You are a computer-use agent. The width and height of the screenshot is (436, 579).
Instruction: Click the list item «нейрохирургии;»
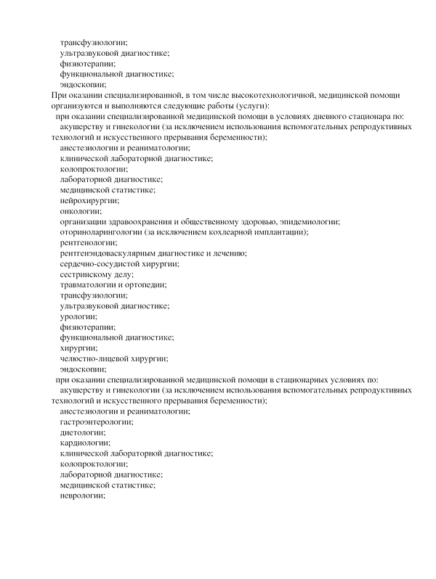[89, 200]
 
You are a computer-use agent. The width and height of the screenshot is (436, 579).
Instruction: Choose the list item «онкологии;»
[81, 211]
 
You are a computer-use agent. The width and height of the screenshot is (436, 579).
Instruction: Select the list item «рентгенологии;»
[88, 242]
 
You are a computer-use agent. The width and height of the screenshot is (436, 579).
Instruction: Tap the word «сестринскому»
[87, 274]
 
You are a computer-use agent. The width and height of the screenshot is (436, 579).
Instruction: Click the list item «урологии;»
[78, 316]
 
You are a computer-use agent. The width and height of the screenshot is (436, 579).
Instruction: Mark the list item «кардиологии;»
[85, 443]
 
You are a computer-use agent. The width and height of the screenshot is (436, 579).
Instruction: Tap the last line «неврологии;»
[83, 495]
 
